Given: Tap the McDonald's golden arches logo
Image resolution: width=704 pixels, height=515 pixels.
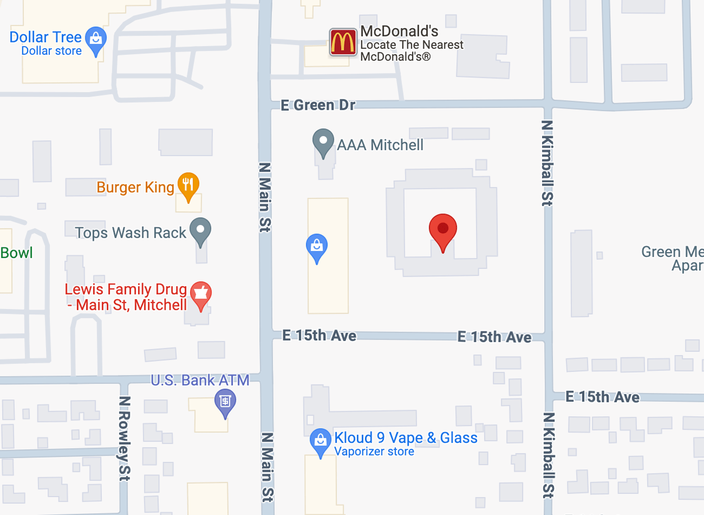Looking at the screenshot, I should pyautogui.click(x=343, y=42).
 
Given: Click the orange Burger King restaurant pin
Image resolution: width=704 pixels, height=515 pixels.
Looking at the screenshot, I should pyautogui.click(x=188, y=186).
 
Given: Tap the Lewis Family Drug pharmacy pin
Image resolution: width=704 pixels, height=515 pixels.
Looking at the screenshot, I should pyautogui.click(x=201, y=295).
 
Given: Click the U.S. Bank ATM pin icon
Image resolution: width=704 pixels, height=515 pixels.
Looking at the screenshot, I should pyautogui.click(x=225, y=402).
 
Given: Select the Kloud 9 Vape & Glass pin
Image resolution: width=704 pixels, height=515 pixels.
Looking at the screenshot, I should pyautogui.click(x=320, y=441).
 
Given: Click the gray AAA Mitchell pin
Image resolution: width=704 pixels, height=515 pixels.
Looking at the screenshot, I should pyautogui.click(x=323, y=143).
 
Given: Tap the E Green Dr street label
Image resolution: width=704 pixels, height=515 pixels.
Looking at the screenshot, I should pyautogui.click(x=318, y=105).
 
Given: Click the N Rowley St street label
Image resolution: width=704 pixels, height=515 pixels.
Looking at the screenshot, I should pyautogui.click(x=124, y=438).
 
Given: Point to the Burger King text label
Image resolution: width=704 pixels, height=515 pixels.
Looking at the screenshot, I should pyautogui.click(x=135, y=187).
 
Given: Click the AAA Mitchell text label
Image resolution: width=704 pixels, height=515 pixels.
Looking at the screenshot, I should pyautogui.click(x=380, y=145).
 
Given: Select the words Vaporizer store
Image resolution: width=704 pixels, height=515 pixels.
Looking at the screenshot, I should pyautogui.click(x=374, y=452).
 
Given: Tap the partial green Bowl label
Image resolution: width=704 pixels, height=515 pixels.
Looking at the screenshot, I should pyautogui.click(x=16, y=253).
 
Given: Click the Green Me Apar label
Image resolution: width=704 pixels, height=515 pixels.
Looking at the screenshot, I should pyautogui.click(x=672, y=258).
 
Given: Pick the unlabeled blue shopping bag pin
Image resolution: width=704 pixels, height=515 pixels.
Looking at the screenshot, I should pyautogui.click(x=316, y=247).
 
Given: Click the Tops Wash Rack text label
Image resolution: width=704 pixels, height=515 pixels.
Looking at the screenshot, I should pyautogui.click(x=130, y=233).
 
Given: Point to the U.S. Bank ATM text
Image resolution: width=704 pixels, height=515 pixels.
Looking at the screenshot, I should pyautogui.click(x=200, y=380).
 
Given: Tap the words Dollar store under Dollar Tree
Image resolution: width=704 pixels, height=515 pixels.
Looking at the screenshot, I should pyautogui.click(x=51, y=51).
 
